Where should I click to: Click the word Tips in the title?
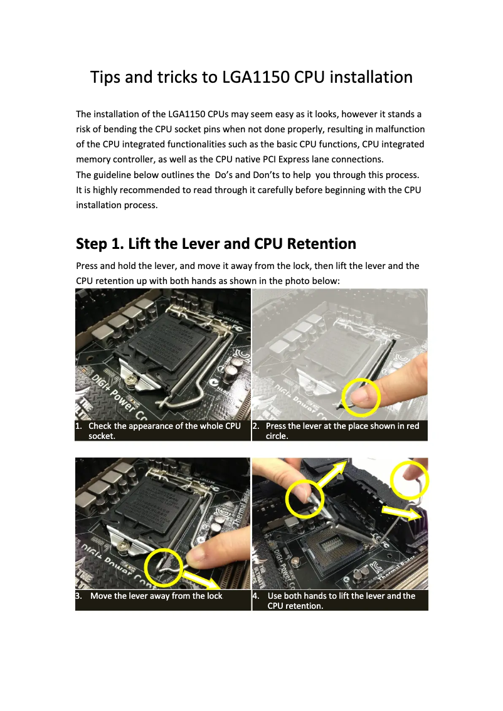[105, 77]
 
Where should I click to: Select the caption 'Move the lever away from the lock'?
[156, 596]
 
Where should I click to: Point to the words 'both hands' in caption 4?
[307, 596]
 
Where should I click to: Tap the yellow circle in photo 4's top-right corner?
[409, 481]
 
